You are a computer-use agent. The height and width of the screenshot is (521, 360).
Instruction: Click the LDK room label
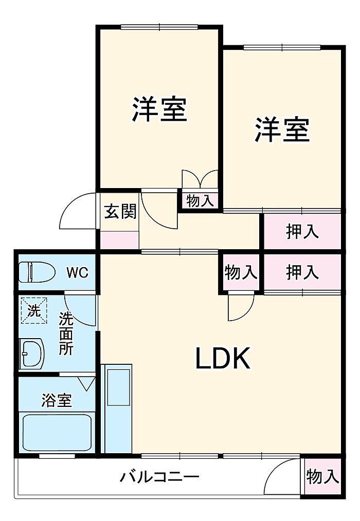point(223,358)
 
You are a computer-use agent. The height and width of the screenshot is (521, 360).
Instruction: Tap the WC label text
point(77,273)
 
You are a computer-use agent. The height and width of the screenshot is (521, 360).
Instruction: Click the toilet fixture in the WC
point(37,272)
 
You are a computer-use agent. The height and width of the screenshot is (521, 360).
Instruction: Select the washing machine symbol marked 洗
point(34,310)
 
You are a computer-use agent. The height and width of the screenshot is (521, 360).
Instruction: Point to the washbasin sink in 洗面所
point(32,354)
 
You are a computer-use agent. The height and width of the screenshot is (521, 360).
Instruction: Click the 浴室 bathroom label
point(56,400)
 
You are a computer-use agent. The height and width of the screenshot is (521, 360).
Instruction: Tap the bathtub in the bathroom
point(57,433)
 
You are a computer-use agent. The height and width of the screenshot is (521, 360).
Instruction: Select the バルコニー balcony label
point(159,477)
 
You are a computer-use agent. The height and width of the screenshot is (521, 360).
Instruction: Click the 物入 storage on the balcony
point(322,476)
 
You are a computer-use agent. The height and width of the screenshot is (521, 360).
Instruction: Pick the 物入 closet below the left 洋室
point(200,201)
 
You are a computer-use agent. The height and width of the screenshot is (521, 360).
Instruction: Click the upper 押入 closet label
point(302,231)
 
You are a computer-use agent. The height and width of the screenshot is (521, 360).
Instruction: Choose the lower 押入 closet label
point(302,272)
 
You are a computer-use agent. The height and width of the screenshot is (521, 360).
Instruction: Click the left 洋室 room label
point(160,109)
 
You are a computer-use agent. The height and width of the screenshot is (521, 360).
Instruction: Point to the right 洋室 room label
point(282,129)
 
